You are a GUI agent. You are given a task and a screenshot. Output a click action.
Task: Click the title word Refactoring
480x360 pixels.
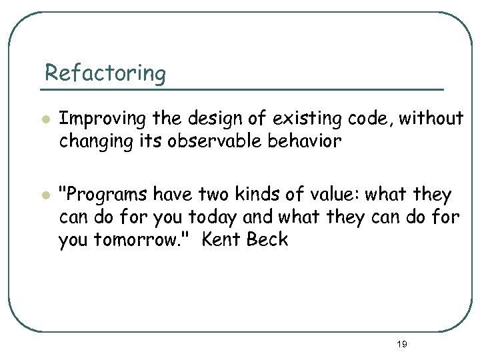(x=105, y=73)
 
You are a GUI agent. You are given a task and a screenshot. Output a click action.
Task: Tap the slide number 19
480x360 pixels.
(x=401, y=344)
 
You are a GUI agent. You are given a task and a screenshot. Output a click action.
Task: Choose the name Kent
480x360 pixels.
(x=222, y=240)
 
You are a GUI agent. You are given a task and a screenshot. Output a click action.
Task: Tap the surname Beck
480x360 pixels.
(x=268, y=240)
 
